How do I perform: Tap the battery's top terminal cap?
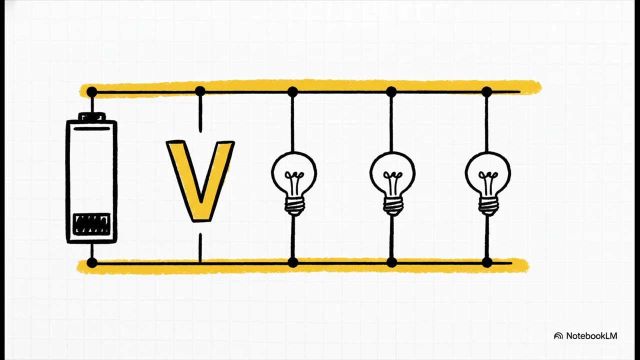92,116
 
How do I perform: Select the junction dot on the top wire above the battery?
91,92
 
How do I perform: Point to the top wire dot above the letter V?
200,91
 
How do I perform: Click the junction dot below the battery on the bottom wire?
91,262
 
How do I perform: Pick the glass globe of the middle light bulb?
392,174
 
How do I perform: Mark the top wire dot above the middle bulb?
391,92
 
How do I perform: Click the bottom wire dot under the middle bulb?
391,262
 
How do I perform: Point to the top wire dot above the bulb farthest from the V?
486,92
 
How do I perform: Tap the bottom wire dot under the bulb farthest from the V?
487,262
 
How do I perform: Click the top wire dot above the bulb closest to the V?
292,92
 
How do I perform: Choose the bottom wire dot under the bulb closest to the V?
292,262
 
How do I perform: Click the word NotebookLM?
591,335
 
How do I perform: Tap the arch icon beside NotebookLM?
558,336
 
